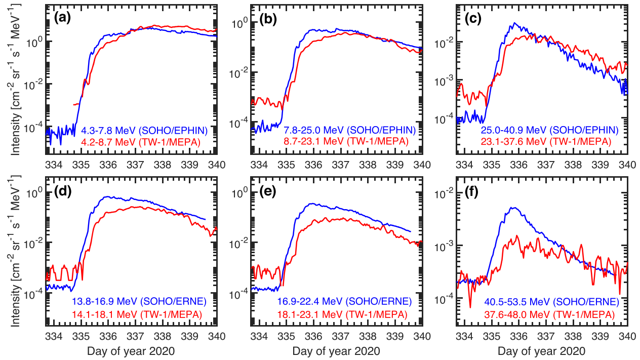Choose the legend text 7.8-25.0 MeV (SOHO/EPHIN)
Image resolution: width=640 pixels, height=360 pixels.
pos(350,131)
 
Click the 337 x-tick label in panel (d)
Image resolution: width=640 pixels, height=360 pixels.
pos(135,336)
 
